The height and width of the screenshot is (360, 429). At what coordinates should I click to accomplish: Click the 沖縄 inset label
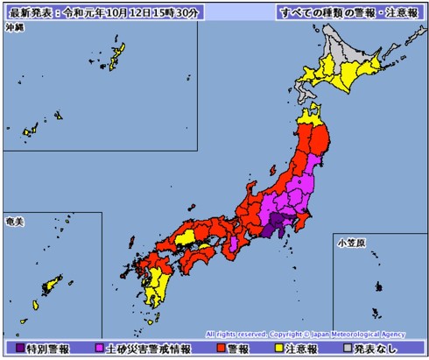pyautogui.click(x=15, y=29)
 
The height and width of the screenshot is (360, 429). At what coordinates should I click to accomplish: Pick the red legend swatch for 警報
pyautogui.click(x=220, y=349)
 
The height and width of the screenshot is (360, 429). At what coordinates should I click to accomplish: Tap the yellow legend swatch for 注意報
pyautogui.click(x=270, y=349)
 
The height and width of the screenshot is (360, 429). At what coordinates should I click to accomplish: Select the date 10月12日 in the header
pyautogui.click(x=130, y=12)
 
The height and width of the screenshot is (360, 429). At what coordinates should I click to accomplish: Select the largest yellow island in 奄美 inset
pyautogui.click(x=53, y=285)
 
